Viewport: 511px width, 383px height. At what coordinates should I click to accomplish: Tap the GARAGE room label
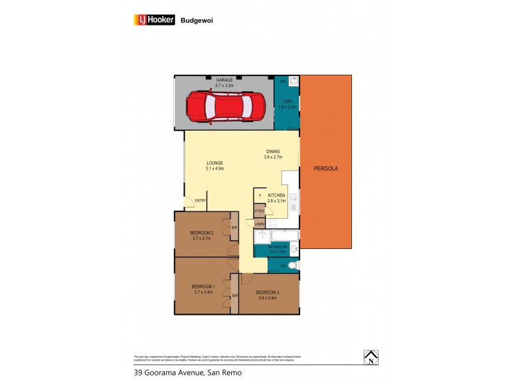coord(224,80)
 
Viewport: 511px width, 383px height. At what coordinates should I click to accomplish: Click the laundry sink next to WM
coord(294,81)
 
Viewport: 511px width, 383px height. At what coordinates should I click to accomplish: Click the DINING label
coord(273,152)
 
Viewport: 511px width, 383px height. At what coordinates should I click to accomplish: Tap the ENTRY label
coord(201,200)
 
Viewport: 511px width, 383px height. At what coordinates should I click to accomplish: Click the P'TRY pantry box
coord(259,211)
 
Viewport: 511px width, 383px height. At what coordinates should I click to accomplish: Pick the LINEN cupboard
coord(259,224)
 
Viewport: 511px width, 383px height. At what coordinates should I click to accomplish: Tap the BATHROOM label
coord(277,246)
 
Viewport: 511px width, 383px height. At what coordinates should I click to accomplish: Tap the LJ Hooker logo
coord(153,20)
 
